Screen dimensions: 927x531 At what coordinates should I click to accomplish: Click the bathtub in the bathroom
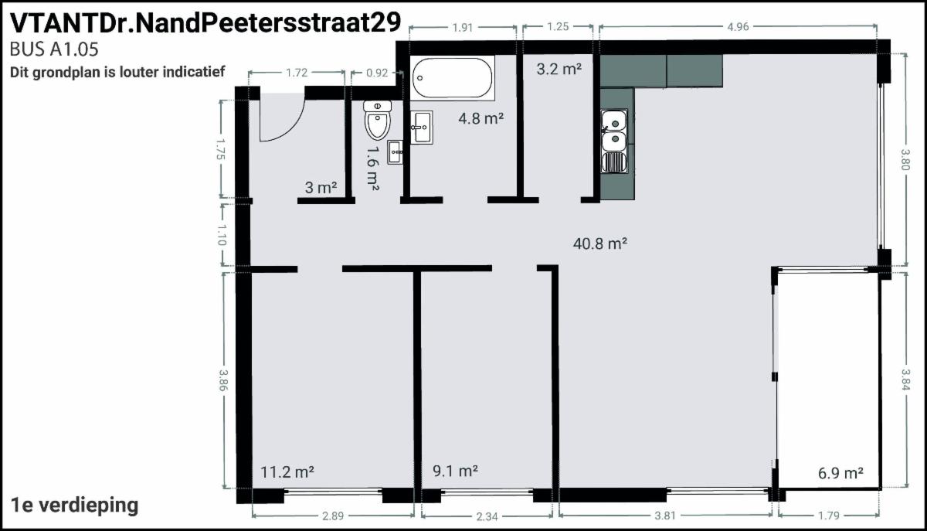(453, 78)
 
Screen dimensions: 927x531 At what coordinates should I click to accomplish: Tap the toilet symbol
(378, 120)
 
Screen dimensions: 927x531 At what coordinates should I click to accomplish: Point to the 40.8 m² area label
(600, 243)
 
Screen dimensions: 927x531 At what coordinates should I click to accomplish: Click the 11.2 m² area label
(287, 471)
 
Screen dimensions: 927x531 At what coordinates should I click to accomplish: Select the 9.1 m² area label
(455, 471)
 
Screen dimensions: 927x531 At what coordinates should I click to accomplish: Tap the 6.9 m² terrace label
(840, 472)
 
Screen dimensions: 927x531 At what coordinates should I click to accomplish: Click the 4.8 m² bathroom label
(480, 118)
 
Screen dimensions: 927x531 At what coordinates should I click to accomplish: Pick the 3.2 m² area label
(559, 69)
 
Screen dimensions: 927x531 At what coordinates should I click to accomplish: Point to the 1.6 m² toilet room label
(373, 168)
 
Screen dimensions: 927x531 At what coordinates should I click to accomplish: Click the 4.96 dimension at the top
(739, 27)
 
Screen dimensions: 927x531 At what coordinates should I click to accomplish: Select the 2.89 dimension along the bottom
(333, 516)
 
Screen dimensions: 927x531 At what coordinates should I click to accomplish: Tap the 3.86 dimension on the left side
(223, 380)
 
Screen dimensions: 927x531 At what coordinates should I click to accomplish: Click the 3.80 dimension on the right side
(905, 159)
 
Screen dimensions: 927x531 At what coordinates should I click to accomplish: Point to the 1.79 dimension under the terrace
(828, 516)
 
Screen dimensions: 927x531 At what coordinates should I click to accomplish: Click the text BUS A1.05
(54, 49)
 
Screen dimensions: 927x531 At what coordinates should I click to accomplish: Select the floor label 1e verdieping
(74, 505)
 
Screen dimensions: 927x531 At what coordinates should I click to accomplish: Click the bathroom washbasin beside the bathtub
(422, 128)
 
